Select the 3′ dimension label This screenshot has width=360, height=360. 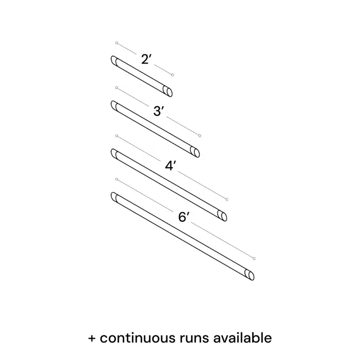(159, 111)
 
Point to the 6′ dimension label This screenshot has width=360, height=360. (184, 217)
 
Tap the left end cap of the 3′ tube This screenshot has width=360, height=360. (114, 105)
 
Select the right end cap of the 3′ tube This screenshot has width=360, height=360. (196, 153)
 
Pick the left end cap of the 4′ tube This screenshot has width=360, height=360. (114, 154)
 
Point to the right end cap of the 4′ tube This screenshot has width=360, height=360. (223, 215)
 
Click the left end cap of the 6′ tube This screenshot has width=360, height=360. (114, 197)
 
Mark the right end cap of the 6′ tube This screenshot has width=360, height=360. (250, 275)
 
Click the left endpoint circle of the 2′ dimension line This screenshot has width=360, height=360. (117, 43)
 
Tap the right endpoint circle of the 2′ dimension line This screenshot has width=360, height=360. (172, 75)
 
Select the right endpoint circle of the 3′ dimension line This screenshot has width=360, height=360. (200, 135)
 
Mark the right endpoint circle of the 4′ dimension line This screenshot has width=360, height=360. (227, 199)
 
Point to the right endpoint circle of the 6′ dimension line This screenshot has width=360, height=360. (254, 259)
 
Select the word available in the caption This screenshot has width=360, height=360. (243, 338)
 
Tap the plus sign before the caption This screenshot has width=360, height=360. (92, 338)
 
